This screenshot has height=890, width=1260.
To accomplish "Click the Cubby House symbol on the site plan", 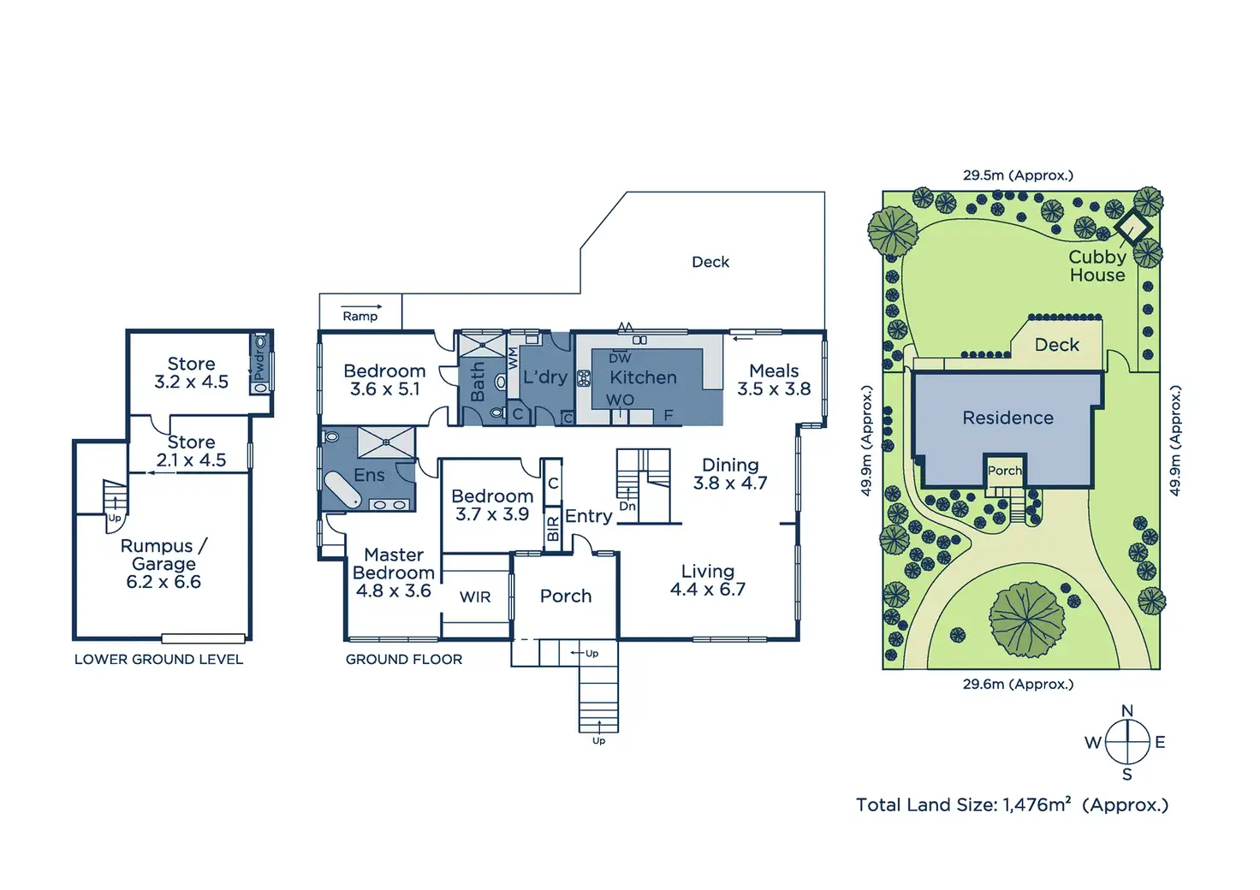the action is pos(1133,227).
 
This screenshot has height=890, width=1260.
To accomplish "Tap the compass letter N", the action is pos(1127,711).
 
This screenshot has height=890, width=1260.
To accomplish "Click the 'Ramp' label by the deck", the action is pos(360,316).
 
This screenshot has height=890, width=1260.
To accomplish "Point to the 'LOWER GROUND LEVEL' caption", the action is pos(158,659).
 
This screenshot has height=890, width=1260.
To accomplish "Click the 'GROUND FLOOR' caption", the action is pos(404,659).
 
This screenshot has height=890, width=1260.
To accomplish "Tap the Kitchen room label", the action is pos(643,377).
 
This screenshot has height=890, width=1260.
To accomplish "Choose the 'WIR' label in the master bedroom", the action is pos(475,596).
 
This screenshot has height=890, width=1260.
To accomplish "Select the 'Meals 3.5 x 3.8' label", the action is pos(774,380).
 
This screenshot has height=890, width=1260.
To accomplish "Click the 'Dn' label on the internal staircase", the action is pos(627,507).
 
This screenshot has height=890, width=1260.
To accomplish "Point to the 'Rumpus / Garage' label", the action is pos(163,555).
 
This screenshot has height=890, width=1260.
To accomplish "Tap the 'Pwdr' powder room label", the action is pos(259,365).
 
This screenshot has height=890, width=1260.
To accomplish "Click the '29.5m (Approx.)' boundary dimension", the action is pos(1018,175).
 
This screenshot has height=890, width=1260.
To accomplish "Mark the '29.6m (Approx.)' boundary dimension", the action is pos(1018,684).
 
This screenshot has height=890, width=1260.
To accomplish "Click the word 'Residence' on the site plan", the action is pos(1007,418).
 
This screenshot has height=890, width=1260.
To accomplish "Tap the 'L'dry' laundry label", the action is pos(545,377).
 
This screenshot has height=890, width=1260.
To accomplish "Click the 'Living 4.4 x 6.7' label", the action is pos(708,580).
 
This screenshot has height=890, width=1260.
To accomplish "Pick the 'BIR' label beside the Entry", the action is pos(553,529).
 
